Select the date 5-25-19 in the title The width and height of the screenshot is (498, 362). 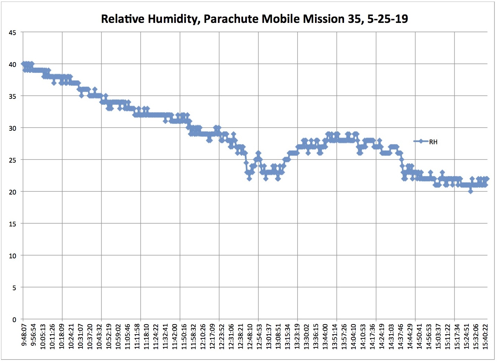pos(387,19)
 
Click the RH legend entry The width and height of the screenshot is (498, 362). pos(433,142)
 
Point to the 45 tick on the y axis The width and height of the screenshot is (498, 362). pos(12,33)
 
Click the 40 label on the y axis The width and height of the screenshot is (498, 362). pos(12,64)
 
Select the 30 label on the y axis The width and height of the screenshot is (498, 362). pos(12,128)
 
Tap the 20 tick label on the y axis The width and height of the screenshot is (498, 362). pos(12,192)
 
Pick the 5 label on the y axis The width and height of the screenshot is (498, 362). pos(14,288)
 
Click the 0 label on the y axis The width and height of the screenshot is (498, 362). pos(14,320)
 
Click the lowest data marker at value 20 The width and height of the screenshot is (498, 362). pos(471,191)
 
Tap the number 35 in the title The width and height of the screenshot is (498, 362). pos(354,19)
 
